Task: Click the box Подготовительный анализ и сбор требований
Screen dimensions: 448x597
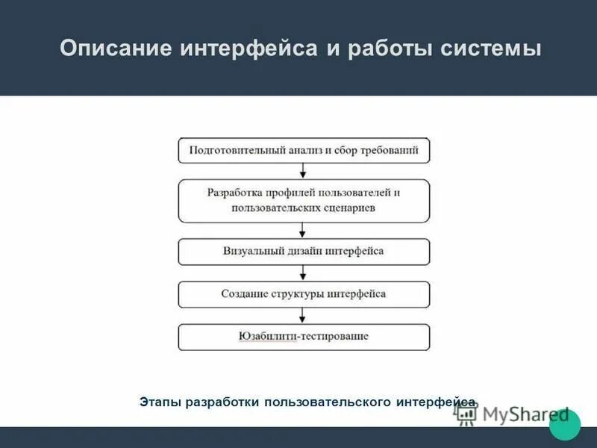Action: pos(304,150)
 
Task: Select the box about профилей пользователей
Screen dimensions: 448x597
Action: pos(304,200)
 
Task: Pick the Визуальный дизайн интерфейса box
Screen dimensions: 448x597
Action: pos(304,252)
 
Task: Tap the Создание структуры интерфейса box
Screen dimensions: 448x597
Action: pos(304,294)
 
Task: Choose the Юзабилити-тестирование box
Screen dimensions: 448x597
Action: pos(304,337)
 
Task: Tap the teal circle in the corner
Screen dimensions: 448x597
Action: pos(565,424)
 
